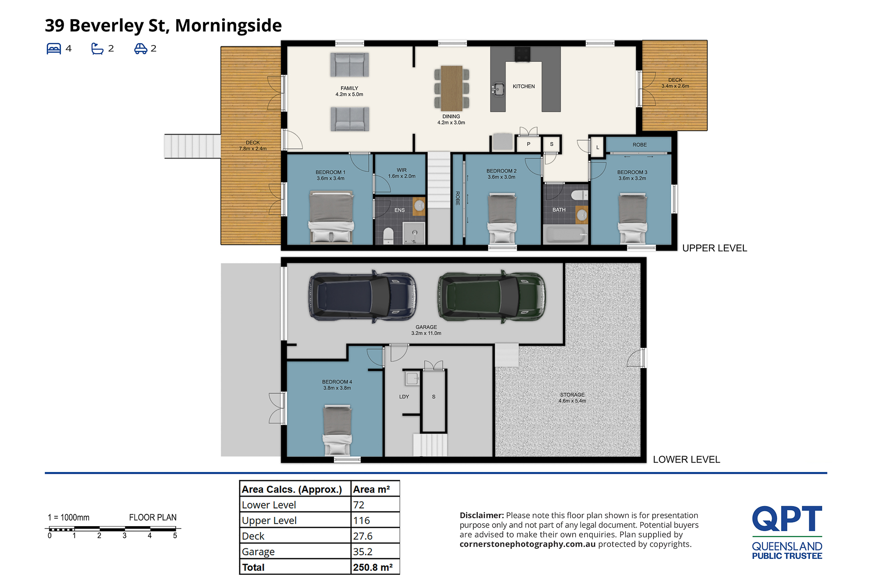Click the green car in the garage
pos(492,297)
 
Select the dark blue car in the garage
pos(363,297)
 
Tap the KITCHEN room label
pos(524,86)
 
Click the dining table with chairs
pos(451,88)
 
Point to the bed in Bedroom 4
pos(337,430)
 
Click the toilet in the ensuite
pos(388,236)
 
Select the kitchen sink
pos(498,89)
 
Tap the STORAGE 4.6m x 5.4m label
pos(572,398)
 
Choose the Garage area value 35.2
pos(362,552)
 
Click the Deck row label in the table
pos(253,536)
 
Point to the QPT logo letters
pos(787,519)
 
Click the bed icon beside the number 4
pos(54,49)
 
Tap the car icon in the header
pos(141,49)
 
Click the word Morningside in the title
pos(228,25)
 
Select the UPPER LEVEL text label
pos(714,248)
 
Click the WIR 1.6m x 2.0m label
pos(401,173)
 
